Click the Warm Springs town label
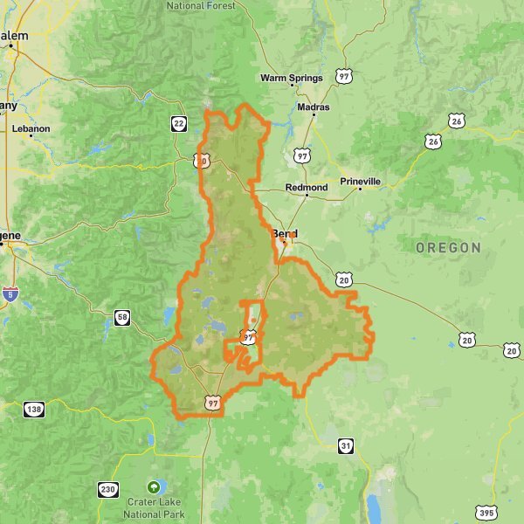(292, 78)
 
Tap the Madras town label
(314, 107)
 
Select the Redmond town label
(307, 188)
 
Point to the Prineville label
(361, 181)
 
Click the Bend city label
(285, 234)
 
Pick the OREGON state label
(448, 248)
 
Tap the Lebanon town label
(31, 128)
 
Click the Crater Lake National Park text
(154, 509)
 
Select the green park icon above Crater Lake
(154, 486)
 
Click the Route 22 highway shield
(179, 124)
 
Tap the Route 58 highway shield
(121, 318)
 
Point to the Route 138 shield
(34, 409)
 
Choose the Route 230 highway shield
(107, 489)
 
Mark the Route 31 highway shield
(345, 446)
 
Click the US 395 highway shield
(487, 512)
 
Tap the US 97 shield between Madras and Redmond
(303, 155)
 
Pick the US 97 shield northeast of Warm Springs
(344, 77)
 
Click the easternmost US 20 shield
(512, 350)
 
